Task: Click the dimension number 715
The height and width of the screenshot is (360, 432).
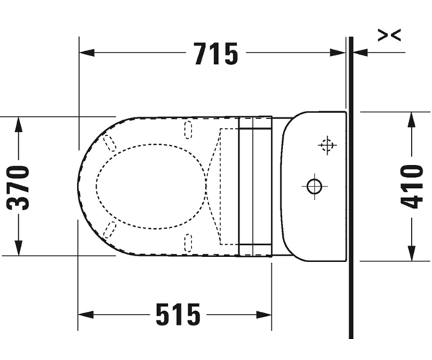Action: tap(216, 54)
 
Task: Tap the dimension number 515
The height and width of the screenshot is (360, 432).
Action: tap(178, 314)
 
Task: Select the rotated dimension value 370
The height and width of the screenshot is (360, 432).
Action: tap(18, 187)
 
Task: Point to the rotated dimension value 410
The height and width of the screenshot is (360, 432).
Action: tap(411, 186)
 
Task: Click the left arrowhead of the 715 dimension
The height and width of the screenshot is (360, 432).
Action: tap(87, 53)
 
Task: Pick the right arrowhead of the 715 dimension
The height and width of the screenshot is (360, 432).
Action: tap(338, 53)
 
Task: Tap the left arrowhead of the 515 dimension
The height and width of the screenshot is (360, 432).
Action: tap(86, 314)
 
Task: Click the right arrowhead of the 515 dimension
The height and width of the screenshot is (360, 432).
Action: tap(264, 314)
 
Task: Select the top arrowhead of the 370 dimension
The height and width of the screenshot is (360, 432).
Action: tap(18, 125)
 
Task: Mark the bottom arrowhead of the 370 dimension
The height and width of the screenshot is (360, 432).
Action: tap(18, 248)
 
